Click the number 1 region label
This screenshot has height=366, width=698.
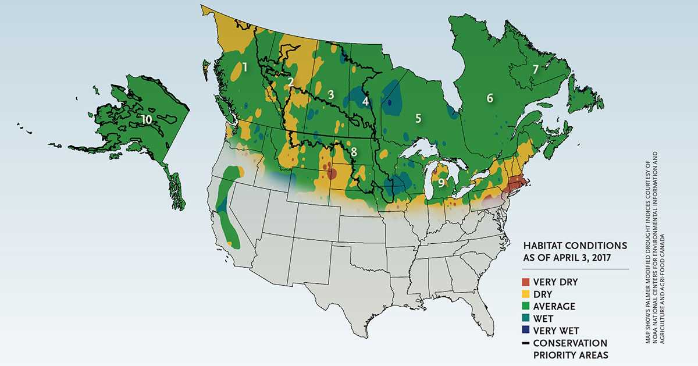pyautogui.click(x=245, y=67)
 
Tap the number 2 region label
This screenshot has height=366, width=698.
pyautogui.click(x=290, y=82)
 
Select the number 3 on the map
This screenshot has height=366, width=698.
pyautogui.click(x=330, y=94)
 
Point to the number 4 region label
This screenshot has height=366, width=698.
pyautogui.click(x=365, y=101)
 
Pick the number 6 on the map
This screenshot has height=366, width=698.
pyautogui.click(x=490, y=98)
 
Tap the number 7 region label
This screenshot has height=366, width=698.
pyautogui.click(x=535, y=69)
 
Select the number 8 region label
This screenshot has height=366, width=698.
pyautogui.click(x=354, y=152)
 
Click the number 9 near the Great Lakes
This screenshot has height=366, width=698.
pyautogui.click(x=441, y=183)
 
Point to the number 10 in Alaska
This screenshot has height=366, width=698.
pyautogui.click(x=146, y=119)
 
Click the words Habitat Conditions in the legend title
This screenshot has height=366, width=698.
pyautogui.click(x=567, y=245)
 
